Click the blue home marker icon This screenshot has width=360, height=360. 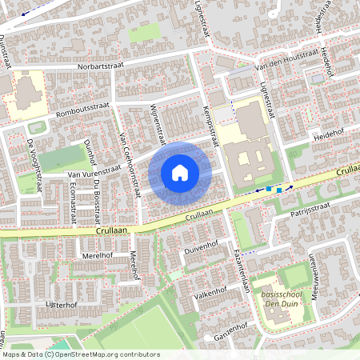180,172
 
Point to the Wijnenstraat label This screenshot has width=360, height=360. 158,118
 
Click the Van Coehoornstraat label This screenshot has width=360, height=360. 130,165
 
